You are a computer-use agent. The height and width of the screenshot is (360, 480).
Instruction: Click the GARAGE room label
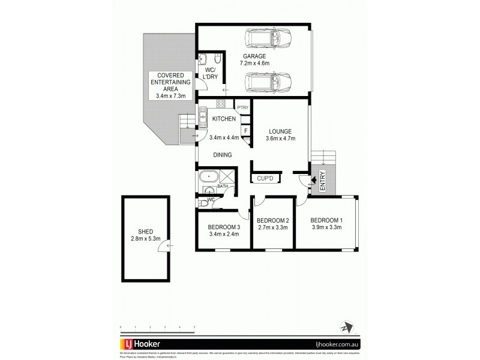click(x=254, y=55)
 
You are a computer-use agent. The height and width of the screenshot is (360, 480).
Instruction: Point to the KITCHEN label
click(x=224, y=119)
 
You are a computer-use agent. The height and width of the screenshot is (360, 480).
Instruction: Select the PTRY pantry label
click(x=242, y=108)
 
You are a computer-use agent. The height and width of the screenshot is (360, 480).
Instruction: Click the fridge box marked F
click(x=246, y=130)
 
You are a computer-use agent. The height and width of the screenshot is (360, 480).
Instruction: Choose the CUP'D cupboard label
click(x=265, y=178)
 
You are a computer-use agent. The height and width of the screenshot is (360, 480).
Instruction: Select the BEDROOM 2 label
click(x=273, y=220)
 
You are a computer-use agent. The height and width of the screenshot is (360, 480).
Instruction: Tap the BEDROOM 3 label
click(x=224, y=227)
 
